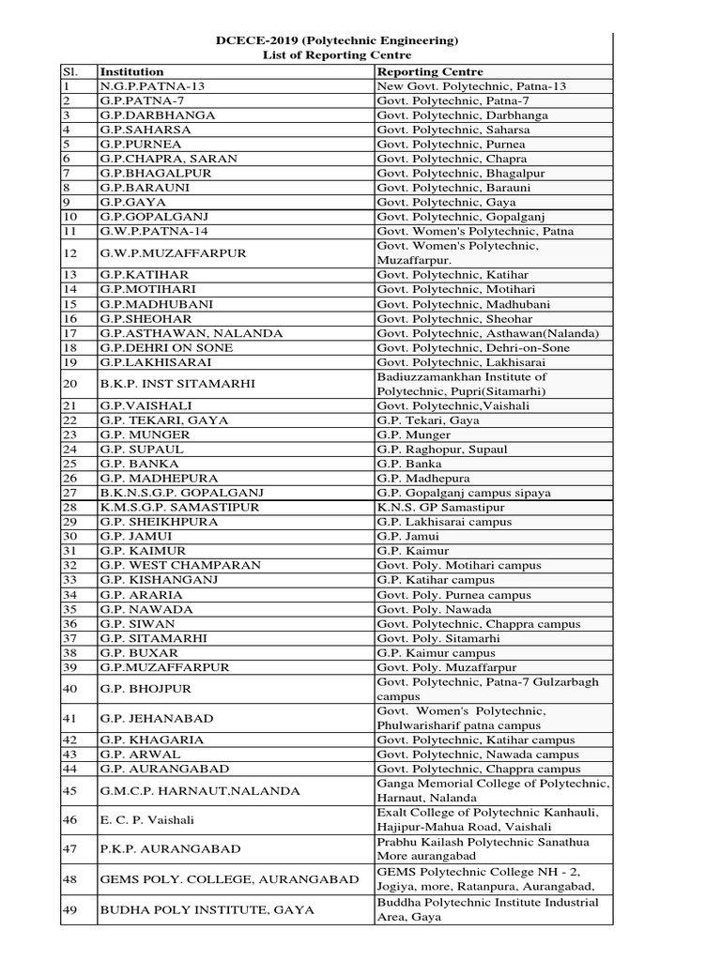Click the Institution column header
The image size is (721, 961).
pyautogui.click(x=131, y=71)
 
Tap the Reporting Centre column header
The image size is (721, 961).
pyautogui.click(x=430, y=71)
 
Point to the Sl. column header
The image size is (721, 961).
pyautogui.click(x=69, y=71)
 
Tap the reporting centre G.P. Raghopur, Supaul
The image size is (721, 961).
pyautogui.click(x=441, y=450)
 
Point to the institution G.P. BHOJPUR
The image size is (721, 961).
pyautogui.click(x=146, y=689)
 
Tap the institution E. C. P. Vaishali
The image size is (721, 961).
pyautogui.click(x=147, y=819)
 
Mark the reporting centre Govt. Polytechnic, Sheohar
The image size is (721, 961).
pyautogui.click(x=451, y=318)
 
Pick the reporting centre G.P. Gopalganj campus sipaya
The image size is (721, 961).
pyautogui.click(x=464, y=493)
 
